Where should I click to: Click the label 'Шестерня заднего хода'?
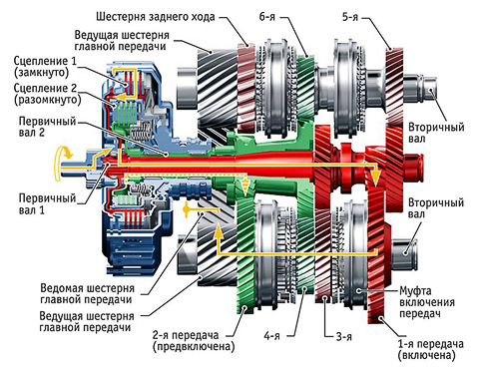pos(156,17)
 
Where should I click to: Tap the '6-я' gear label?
pos(267,17)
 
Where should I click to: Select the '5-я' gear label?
pos(350,17)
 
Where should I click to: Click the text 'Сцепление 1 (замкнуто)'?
pos(45,67)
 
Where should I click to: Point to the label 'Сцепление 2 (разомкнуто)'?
pos(47,94)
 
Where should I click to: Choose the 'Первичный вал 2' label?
pos(47,127)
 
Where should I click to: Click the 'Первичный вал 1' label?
pos(47,203)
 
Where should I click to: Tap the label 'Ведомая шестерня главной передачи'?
pos(87,293)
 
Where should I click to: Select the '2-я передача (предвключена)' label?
pos(194,340)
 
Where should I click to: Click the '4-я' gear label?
pos(271,336)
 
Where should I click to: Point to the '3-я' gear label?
pos(344,337)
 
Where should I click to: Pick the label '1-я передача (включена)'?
pos(430,349)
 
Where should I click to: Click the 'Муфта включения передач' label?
pos(427,302)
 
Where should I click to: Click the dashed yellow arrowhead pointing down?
pos(245,188)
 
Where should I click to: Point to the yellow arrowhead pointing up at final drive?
pos(218,231)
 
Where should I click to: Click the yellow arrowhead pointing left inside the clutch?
pos(123,97)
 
